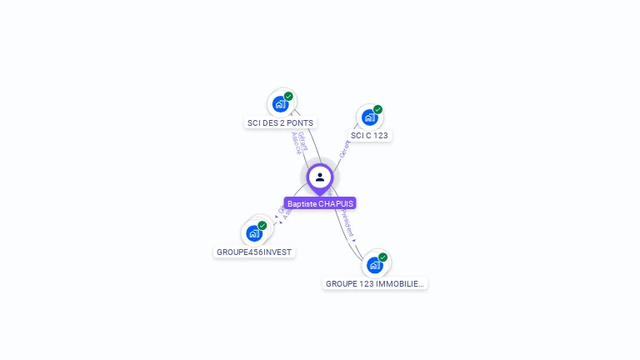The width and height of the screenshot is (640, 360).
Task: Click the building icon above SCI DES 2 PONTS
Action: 280,105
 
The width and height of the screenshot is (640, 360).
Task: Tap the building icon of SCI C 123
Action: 369,117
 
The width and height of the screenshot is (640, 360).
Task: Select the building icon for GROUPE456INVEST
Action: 254,234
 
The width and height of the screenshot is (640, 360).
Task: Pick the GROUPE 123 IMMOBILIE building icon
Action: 375,265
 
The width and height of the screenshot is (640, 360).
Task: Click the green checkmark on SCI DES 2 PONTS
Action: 288,97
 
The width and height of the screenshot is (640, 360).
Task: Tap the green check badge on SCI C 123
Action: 377,109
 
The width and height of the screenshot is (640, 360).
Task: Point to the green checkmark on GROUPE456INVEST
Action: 262,226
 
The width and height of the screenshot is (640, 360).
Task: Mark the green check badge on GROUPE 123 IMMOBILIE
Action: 383,257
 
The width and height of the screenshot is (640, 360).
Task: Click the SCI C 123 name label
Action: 369,135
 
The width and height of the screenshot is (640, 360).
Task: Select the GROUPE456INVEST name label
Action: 255,252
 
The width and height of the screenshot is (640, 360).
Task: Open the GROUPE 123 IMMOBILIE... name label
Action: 375,283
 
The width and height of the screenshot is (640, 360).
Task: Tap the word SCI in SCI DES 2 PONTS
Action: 254,123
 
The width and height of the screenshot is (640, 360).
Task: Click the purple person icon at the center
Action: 320,177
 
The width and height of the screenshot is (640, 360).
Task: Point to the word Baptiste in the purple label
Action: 302,203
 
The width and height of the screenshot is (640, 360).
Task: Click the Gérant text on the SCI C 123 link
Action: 345,148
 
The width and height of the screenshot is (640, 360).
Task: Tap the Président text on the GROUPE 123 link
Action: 348,223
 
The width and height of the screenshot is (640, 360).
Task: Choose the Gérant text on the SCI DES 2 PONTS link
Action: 302,141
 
